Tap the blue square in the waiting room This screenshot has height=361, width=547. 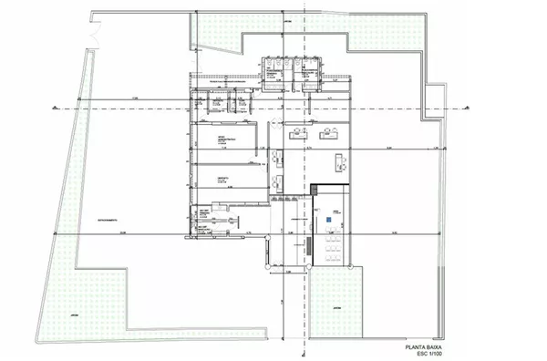coord(328,220)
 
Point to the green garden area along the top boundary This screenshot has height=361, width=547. coord(383,46)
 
